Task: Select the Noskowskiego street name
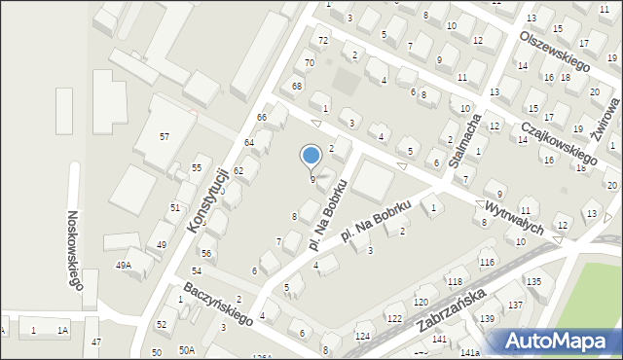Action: pyautogui.click(x=74, y=250)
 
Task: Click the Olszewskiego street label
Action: pyautogui.click(x=557, y=49)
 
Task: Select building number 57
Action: pyautogui.click(x=165, y=136)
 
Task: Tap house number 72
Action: pyautogui.click(x=323, y=40)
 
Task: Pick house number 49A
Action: pyautogui.click(x=124, y=265)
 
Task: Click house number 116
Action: pyautogui.click(x=487, y=263)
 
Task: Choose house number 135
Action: pyautogui.click(x=533, y=281)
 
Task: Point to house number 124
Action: pyautogui.click(x=363, y=337)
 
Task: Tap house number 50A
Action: pyautogui.click(x=185, y=349)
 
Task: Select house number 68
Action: pyautogui.click(x=298, y=87)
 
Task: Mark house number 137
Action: pyautogui.click(x=515, y=306)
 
